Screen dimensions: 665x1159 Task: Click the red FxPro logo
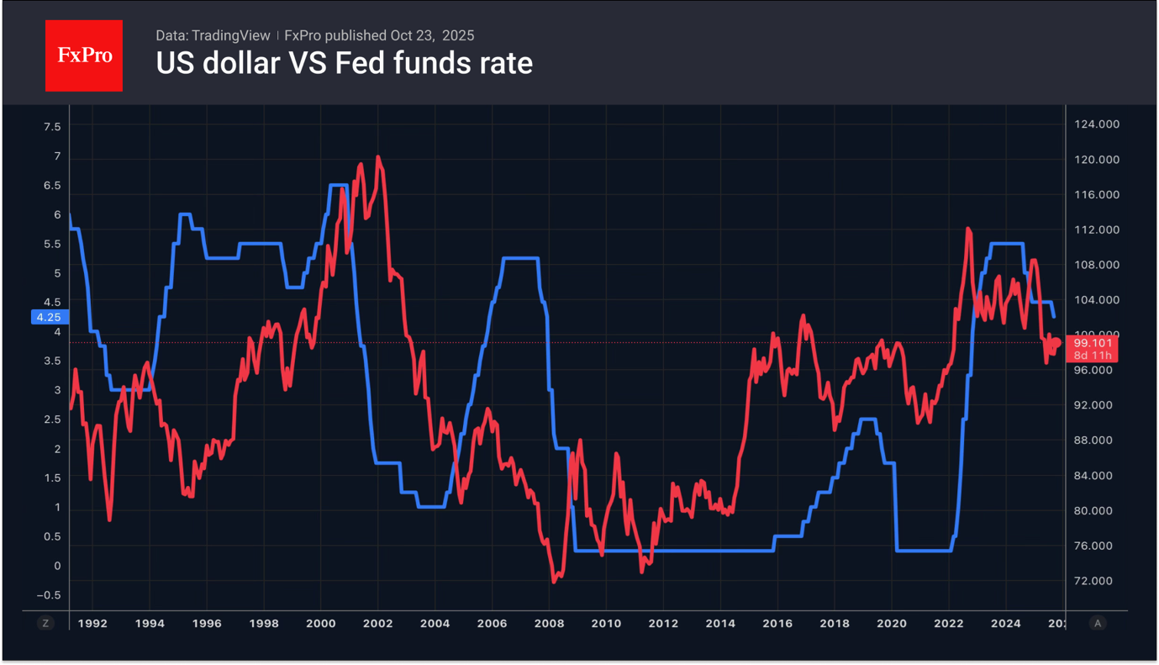coord(84,56)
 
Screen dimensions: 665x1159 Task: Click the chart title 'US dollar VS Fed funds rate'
coord(344,63)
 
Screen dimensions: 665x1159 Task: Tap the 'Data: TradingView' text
coord(213,35)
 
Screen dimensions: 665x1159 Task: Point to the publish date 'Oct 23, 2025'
coord(432,35)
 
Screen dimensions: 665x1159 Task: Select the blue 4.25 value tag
coord(48,317)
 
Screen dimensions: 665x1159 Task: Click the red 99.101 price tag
coord(1093,343)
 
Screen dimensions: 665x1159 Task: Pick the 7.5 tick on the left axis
coord(52,127)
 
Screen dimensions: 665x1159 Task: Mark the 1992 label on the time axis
coord(92,623)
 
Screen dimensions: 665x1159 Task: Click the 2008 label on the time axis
coord(549,623)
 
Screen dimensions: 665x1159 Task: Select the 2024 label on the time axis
coord(1006,623)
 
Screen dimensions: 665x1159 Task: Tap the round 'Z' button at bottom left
coord(46,623)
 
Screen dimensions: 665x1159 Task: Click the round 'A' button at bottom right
coord(1097,623)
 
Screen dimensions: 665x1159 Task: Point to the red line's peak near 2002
coord(378,157)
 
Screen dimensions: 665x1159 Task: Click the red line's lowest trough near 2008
coord(554,581)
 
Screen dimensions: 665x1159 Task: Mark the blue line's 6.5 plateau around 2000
coord(339,185)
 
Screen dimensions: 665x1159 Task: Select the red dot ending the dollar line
coord(1056,342)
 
